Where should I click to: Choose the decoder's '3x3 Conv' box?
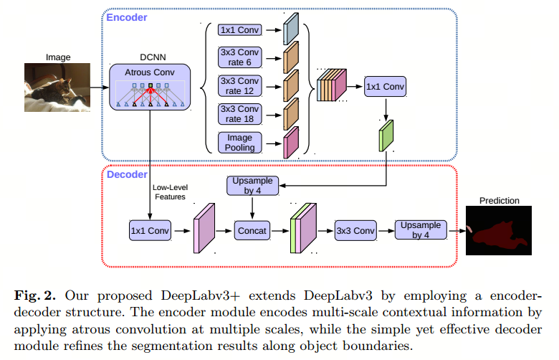tap(355, 231)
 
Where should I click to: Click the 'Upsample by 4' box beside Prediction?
tap(419, 230)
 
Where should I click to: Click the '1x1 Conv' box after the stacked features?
tap(384, 86)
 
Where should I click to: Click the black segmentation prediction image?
tap(500, 231)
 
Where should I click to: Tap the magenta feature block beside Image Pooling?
tap(291, 141)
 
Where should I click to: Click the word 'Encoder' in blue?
tap(127, 16)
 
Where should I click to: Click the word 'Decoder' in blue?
tap(127, 174)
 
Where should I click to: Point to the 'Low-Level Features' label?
tap(169, 191)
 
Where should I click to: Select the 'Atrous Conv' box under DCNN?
tap(150, 86)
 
